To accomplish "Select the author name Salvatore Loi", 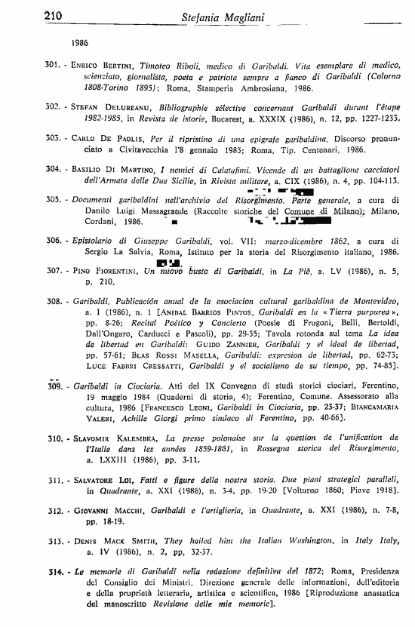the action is pyautogui.click(x=103, y=480).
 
